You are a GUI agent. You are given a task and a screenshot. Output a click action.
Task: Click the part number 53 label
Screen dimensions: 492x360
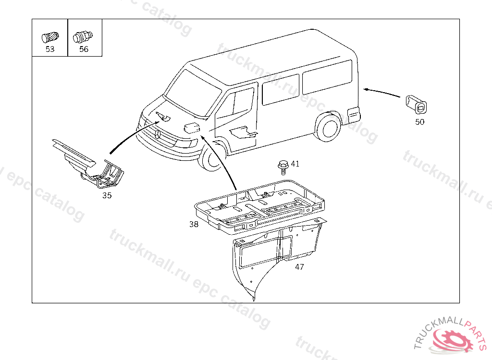coord(50,49)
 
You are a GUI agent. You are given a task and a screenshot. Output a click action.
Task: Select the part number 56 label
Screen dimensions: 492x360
coord(84,49)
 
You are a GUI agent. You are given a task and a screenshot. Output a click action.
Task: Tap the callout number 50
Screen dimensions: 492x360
coord(419,121)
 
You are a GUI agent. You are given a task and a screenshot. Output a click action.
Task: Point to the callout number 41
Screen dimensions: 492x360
coord(295,164)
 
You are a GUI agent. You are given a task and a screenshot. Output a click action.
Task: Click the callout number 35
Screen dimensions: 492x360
coord(107,195)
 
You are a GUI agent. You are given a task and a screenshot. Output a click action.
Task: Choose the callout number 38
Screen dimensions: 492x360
coord(194,224)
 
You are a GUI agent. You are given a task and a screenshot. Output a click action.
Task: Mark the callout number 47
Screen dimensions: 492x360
coord(299,266)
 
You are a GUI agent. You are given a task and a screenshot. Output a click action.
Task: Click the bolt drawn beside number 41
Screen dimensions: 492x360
coord(283,167)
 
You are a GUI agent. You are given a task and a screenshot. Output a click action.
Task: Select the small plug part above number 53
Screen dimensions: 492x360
coord(50,37)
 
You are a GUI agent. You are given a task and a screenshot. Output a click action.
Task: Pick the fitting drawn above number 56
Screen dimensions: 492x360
coord(83,37)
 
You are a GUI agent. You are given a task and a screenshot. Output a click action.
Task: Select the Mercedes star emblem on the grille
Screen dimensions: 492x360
coord(158,134)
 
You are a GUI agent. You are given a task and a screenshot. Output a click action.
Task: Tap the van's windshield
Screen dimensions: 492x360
coord(193,93)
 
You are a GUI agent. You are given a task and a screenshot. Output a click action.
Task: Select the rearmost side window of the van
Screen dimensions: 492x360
coord(327,77)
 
